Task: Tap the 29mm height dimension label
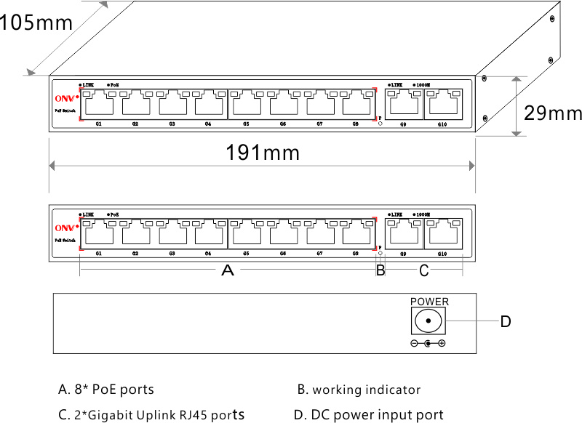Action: pos(554,113)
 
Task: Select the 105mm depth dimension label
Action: pos(36,23)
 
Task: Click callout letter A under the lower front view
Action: pos(228,271)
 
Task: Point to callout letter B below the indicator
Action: pos(380,271)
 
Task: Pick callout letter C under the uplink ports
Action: pos(424,271)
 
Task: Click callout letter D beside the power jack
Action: pos(506,321)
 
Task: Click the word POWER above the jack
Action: pos(430,302)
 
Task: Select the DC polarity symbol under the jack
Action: pos(428,343)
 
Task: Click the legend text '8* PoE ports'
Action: pos(106,390)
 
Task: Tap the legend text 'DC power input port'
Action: pos(369,415)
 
